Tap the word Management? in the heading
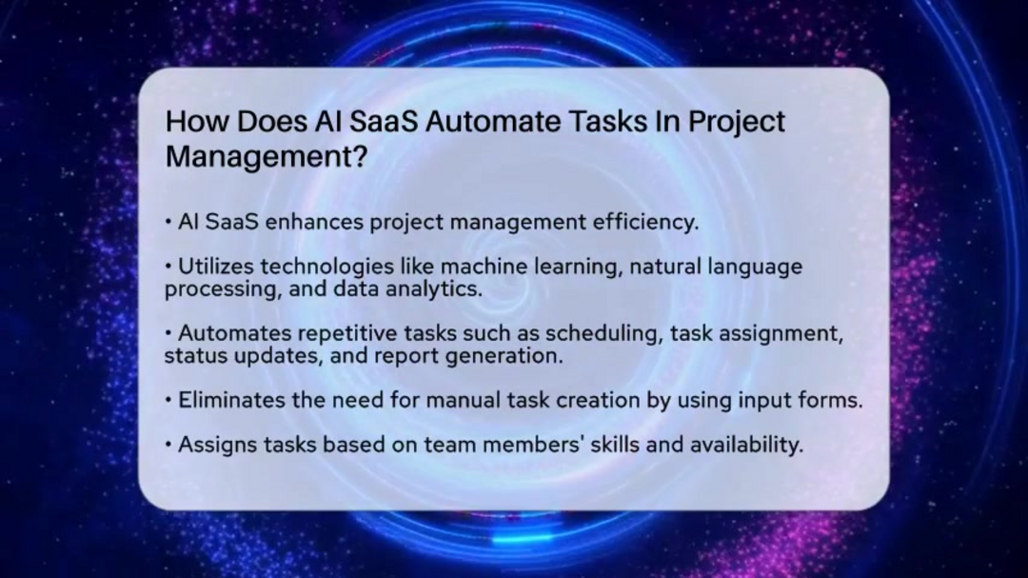pos(266,157)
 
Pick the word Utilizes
pos(218,268)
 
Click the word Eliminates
pos(231,401)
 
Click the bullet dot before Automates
pos(168,334)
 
